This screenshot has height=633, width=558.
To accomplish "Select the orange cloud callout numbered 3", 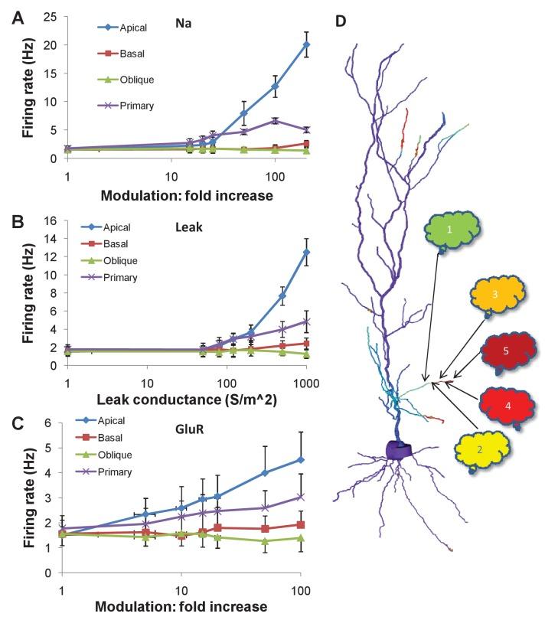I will pos(495,295).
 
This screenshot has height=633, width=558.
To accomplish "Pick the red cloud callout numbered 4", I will pos(507,405).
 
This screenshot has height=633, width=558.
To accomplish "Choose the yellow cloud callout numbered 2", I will pos(479,450).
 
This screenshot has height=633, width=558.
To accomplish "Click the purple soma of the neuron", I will pos(399,449).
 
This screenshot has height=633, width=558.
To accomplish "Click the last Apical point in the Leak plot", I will pos(306,252).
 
